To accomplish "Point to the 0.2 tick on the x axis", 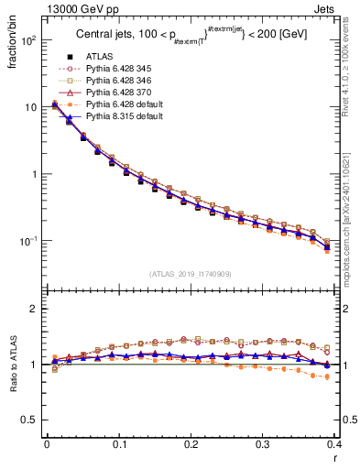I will pyautogui.click(x=191, y=444).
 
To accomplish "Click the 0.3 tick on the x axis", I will pyautogui.click(x=263, y=444).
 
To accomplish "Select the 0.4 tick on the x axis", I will pyautogui.click(x=335, y=444).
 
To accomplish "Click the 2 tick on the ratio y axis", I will pyautogui.click(x=33, y=309).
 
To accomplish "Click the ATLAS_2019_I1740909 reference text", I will pyautogui.click(x=190, y=274).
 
